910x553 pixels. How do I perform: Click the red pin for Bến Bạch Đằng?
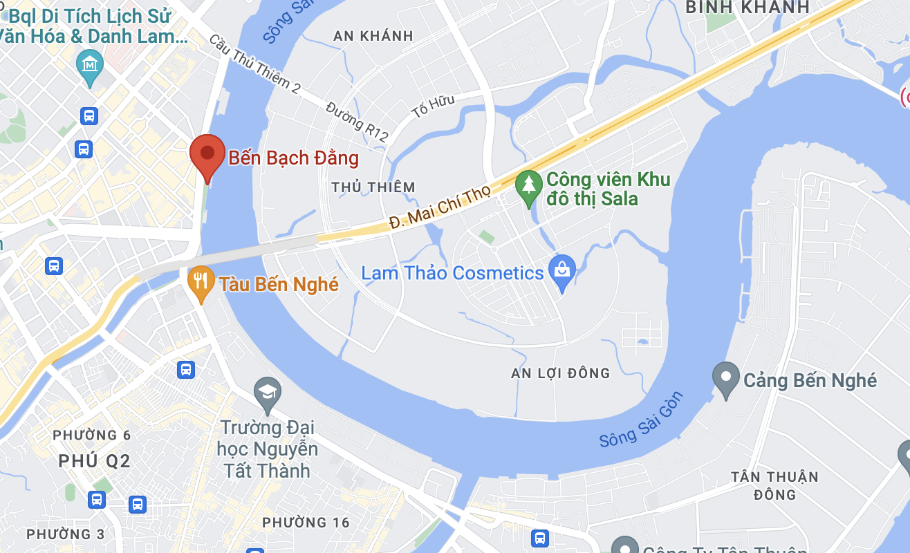tap(207, 153)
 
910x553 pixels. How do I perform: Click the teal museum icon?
tap(91, 65)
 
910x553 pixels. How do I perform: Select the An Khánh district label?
tap(373, 36)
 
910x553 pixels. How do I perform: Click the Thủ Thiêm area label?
tap(373, 187)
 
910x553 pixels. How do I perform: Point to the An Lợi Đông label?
tap(560, 373)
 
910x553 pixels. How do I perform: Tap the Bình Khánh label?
tap(747, 8)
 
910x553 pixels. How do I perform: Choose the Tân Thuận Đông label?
tap(774, 485)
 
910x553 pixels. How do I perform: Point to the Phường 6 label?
tap(92, 435)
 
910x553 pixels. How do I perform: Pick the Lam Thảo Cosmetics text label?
tap(452, 272)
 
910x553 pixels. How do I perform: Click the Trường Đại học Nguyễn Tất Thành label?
tap(267, 449)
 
